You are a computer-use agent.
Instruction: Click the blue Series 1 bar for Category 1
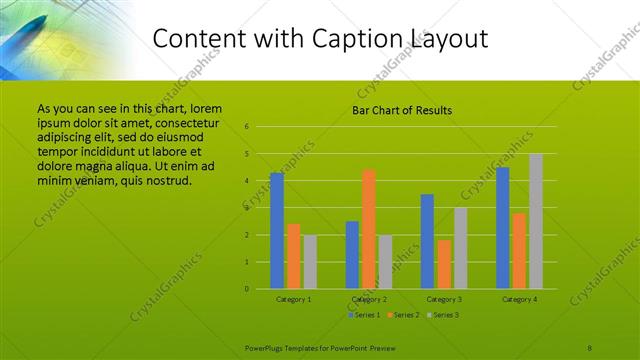point(277,231)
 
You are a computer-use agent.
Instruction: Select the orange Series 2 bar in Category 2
point(369,229)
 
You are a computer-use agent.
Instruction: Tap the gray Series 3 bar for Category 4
point(536,221)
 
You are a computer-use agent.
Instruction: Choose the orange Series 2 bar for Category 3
point(444,264)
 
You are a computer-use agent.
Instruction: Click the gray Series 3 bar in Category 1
point(310,262)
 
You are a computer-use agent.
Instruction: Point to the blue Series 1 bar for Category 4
point(502,228)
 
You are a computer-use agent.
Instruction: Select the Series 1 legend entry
point(362,315)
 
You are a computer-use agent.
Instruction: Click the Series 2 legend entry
point(403,315)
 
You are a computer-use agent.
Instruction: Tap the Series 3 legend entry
point(443,315)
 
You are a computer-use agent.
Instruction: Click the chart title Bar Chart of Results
point(402,110)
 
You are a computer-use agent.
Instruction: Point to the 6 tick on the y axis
point(246,127)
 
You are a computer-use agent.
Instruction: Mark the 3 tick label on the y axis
point(246,208)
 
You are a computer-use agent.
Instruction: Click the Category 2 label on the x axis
point(369,299)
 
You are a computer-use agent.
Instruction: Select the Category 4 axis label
point(519,299)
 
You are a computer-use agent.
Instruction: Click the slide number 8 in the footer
point(590,346)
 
